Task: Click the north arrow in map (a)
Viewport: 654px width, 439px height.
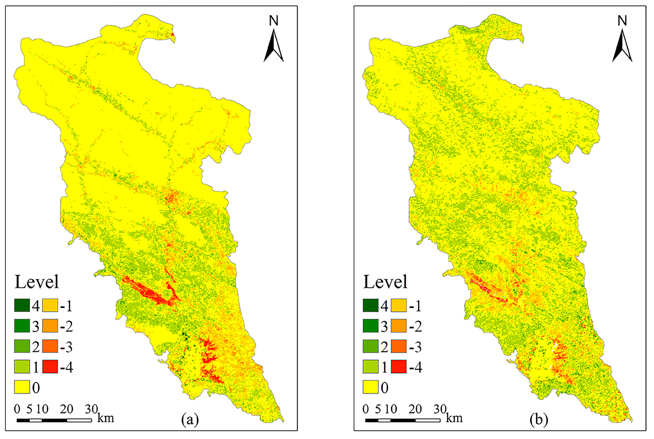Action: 273,46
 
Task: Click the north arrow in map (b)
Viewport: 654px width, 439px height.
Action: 622,46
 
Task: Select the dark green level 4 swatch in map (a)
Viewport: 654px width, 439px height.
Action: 22,305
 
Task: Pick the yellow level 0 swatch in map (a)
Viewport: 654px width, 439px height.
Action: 22,387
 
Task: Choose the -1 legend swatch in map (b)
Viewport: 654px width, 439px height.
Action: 398,305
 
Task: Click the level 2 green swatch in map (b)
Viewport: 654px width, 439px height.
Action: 370,346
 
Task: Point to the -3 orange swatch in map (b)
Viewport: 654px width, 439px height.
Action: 398,346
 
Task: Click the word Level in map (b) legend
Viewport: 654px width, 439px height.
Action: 385,282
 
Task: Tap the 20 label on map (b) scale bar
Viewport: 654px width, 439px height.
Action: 415,409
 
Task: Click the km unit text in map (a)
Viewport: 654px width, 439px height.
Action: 106,418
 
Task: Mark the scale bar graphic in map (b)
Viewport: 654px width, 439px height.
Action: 403,420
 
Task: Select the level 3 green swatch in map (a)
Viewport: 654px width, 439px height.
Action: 22,326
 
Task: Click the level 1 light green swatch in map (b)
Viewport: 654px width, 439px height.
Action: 370,367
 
